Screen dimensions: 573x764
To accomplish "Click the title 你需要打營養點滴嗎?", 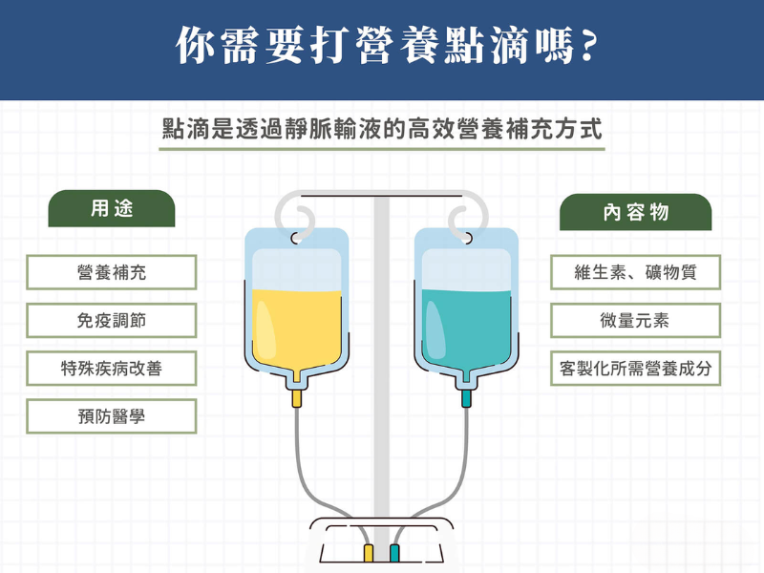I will click(x=382, y=47).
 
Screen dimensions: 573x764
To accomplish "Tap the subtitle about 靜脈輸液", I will click(x=382, y=130).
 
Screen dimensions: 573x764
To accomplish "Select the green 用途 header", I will click(x=112, y=209).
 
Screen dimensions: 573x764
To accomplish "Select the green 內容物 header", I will click(x=636, y=212).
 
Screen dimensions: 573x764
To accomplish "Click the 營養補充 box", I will click(x=112, y=272).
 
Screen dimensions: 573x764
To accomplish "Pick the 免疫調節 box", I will click(x=112, y=321).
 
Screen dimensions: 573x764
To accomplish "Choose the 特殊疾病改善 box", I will click(x=112, y=369).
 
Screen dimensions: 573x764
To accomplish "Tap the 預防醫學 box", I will click(x=112, y=416).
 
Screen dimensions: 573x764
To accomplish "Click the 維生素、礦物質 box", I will click(x=636, y=272).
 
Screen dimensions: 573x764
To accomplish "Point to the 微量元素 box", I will click(x=636, y=321).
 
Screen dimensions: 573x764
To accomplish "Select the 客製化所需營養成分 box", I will click(x=636, y=369).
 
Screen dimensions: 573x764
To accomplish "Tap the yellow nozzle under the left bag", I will click(x=298, y=397).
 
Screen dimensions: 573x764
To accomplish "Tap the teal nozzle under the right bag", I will click(x=466, y=397).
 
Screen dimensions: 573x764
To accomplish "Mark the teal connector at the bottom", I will click(x=394, y=554).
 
